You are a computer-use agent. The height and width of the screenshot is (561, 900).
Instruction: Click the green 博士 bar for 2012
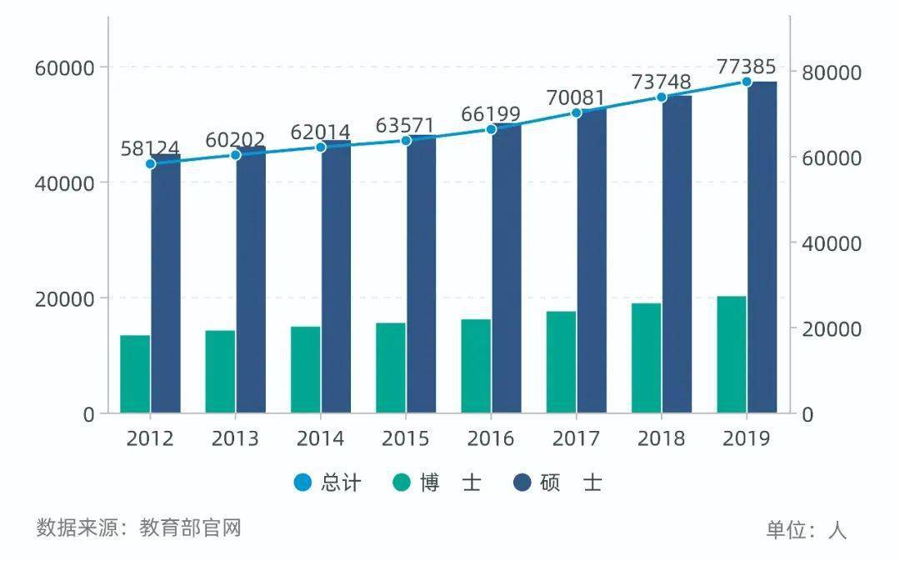pyautogui.click(x=135, y=374)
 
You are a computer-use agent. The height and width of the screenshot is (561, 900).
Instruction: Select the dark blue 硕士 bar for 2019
pyautogui.click(x=762, y=248)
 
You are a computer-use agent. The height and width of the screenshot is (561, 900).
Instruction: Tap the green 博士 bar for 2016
pyautogui.click(x=476, y=366)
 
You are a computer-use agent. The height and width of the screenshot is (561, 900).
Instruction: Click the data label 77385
pyautogui.click(x=747, y=67)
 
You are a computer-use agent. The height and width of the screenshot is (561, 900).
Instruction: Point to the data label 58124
pyautogui.click(x=150, y=148)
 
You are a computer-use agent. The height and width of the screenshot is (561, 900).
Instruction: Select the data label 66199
pyautogui.click(x=491, y=114)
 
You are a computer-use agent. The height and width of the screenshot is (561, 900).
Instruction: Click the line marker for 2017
pyautogui.click(x=576, y=113)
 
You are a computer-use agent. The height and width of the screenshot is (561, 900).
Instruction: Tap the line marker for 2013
pyautogui.click(x=236, y=155)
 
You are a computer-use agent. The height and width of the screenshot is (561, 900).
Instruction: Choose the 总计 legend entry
pyautogui.click(x=328, y=483)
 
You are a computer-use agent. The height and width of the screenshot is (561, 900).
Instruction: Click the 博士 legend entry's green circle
pyautogui.click(x=402, y=483)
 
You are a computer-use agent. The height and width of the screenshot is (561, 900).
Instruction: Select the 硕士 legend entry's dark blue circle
pyautogui.click(x=522, y=483)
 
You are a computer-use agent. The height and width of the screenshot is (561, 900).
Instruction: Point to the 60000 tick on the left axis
pyautogui.click(x=64, y=68)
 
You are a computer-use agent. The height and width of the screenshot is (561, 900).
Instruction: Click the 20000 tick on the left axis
pyautogui.click(x=64, y=298)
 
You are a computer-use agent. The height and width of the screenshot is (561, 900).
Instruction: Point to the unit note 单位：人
pyautogui.click(x=806, y=530)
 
